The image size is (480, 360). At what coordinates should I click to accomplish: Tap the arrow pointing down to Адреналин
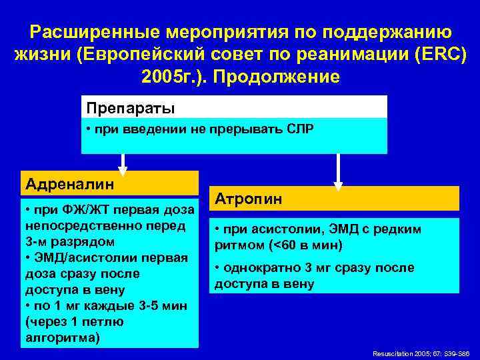[x=123, y=162]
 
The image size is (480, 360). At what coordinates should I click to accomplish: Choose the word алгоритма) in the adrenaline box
[x=63, y=337]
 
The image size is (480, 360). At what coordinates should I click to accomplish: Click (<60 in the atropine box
[x=283, y=245]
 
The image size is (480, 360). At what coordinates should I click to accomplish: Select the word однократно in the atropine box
[x=261, y=268]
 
